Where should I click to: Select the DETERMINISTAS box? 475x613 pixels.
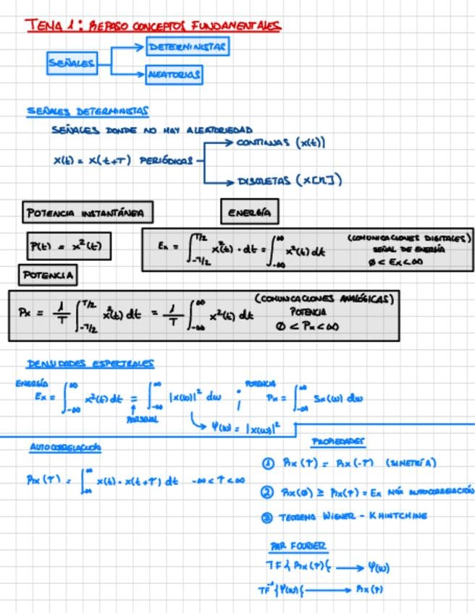[x=188, y=47]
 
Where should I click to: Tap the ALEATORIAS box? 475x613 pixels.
[x=174, y=74]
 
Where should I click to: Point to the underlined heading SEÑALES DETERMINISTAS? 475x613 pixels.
[x=88, y=111]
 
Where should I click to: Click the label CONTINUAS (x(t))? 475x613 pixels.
[x=281, y=142]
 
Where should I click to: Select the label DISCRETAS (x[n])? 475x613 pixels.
[x=290, y=180]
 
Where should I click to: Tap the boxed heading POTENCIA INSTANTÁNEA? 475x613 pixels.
[x=87, y=213]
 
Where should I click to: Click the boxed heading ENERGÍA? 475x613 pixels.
[x=249, y=212]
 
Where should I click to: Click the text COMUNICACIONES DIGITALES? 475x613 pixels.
[x=409, y=237]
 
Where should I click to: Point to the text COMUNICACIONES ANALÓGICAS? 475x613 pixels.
[x=324, y=299]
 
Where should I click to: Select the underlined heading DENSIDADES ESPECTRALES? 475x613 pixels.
[x=91, y=364]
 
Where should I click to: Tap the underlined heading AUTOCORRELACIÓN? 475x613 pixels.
[x=65, y=447]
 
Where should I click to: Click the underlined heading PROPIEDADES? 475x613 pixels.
[x=338, y=441]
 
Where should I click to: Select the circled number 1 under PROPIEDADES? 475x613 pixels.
[x=268, y=463]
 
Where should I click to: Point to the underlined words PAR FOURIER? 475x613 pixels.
[x=298, y=546]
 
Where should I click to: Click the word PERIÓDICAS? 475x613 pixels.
[x=167, y=160]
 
